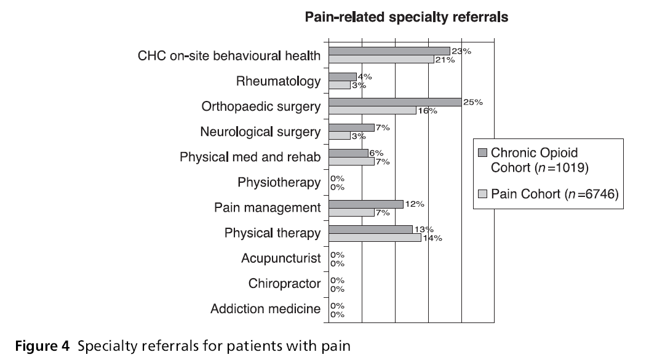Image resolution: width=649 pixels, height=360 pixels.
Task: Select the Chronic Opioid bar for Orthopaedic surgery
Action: [x=395, y=102]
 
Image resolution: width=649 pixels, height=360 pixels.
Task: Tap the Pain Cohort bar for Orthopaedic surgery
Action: [x=372, y=111]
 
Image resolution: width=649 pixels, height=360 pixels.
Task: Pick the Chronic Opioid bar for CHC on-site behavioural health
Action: [x=389, y=51]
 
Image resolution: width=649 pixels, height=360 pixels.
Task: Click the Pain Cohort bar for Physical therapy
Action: [x=375, y=238]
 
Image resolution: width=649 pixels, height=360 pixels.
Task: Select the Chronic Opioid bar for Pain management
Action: [x=366, y=204]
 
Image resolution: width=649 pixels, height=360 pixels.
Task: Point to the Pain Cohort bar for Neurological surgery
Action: [x=340, y=136]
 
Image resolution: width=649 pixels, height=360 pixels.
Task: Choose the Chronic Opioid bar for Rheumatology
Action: [x=343, y=77]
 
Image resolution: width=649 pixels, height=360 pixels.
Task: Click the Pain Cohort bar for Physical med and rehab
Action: [x=351, y=162]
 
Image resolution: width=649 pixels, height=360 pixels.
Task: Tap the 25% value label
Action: [x=473, y=102]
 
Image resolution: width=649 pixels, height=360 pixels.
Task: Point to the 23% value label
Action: [x=461, y=52]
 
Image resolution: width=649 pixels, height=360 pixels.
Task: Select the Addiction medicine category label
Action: [x=265, y=309]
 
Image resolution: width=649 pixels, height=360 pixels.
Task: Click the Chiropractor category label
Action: [x=284, y=284]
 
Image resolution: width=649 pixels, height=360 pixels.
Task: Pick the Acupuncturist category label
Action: [x=281, y=258]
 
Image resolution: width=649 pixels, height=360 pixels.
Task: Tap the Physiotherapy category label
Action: [x=279, y=183]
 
